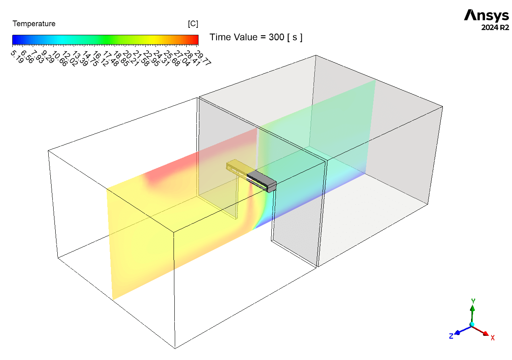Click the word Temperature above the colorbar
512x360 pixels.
[x=34, y=24]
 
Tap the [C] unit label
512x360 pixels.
[x=193, y=24]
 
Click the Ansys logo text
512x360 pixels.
[x=486, y=16]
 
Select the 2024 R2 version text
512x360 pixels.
[x=495, y=28]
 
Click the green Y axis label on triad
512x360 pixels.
[x=473, y=301]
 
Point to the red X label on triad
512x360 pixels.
[x=493, y=338]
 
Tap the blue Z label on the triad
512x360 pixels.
[x=451, y=336]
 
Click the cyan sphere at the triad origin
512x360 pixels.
[x=472, y=324]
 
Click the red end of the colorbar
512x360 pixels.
[x=196, y=39]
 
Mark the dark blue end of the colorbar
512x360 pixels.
[x=15, y=39]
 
